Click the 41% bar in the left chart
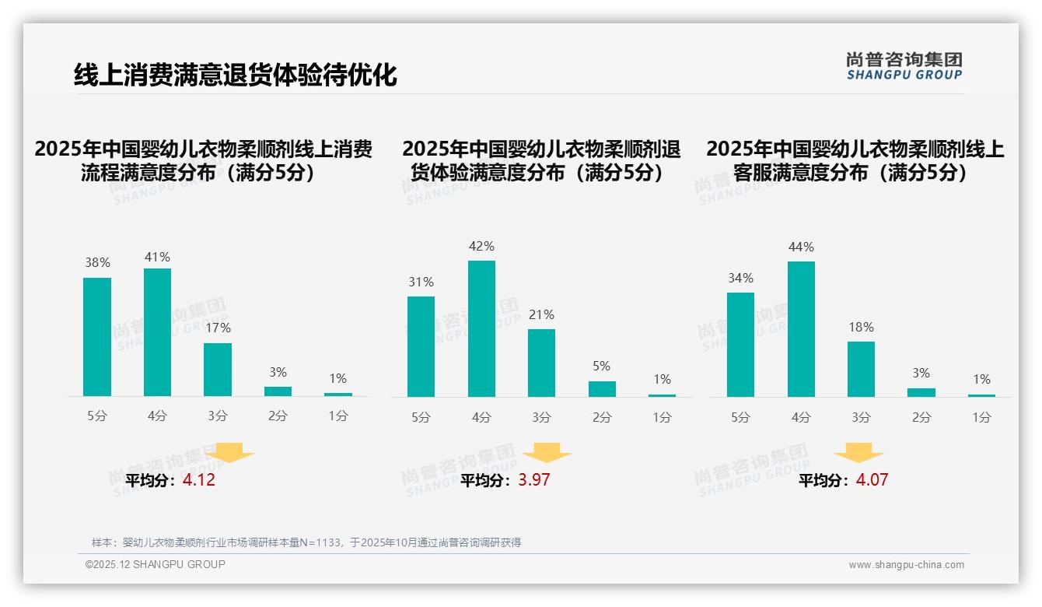point(157,332)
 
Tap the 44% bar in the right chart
point(801,329)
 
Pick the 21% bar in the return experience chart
point(541,363)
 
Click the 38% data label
point(97,263)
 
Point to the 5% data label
point(601,366)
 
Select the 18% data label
point(861,327)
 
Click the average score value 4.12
point(199,480)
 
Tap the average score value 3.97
point(533,480)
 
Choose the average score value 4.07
point(872,480)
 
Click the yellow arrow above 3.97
point(547,453)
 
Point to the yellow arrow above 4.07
point(858,453)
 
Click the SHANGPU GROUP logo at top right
point(904,66)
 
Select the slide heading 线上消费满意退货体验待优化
point(235,75)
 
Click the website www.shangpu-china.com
point(906,565)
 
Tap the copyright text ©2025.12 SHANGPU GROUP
point(156,565)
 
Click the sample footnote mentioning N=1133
point(306,542)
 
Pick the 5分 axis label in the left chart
point(97,416)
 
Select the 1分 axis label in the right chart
point(981,418)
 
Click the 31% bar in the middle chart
point(421,346)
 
